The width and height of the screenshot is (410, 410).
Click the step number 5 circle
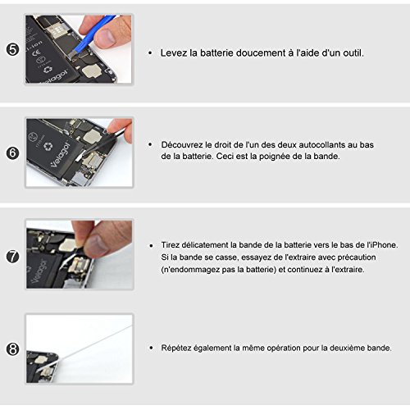[12, 50]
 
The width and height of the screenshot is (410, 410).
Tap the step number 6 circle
[12, 153]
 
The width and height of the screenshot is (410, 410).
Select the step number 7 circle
[12, 257]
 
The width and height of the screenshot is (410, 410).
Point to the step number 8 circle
[12, 349]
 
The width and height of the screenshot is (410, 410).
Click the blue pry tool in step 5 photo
[90, 36]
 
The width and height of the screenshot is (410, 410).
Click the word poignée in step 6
[276, 157]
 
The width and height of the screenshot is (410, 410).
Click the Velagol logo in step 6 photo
[60, 155]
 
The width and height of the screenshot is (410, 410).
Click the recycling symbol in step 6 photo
[48, 147]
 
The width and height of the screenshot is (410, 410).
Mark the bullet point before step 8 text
[151, 348]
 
